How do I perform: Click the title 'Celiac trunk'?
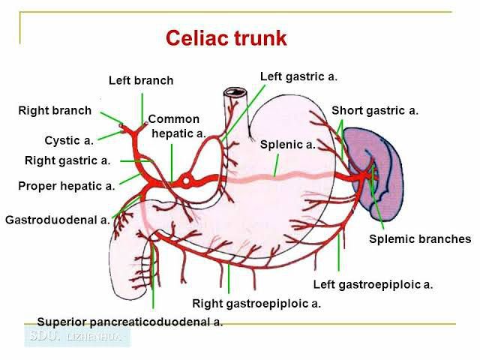[x=225, y=37]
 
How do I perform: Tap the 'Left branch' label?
[x=140, y=80]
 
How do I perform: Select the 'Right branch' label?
[x=55, y=111]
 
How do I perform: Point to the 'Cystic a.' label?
[x=69, y=139]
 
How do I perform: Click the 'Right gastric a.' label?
[x=67, y=160]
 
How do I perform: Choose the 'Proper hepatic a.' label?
[x=66, y=186]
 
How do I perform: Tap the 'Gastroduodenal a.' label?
[x=58, y=220]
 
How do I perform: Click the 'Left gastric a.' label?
[x=298, y=76]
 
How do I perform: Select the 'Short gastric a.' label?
[x=375, y=111]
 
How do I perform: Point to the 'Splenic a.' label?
[x=287, y=145]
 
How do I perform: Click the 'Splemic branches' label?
[x=420, y=239]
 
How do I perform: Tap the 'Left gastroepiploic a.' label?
[x=373, y=284]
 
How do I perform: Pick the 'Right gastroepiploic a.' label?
[x=256, y=303]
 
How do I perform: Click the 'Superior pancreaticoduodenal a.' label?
[x=130, y=321]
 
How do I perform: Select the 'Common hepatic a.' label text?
[x=176, y=126]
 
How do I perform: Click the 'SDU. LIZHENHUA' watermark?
[x=78, y=336]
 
